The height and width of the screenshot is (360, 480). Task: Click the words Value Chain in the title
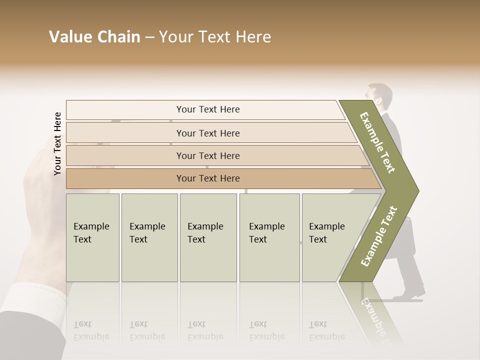pos(94,37)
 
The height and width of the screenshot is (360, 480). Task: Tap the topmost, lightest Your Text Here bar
pos(207,109)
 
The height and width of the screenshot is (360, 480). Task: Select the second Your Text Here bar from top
pos(207,133)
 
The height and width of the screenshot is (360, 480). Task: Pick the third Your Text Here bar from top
pos(207,155)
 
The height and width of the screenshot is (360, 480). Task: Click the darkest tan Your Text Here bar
pos(207,178)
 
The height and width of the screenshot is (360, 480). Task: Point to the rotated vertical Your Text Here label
pos(57,143)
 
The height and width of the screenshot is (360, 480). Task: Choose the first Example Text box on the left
pos(92,237)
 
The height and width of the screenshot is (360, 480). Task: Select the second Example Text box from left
pos(149,237)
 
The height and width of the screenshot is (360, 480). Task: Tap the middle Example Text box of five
pos(208,237)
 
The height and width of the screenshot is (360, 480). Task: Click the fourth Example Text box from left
pos(269,237)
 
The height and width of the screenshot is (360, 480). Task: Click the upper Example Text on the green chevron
pos(378,142)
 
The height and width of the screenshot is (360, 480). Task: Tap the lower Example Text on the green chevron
pos(379,236)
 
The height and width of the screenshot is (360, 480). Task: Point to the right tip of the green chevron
pos(417,190)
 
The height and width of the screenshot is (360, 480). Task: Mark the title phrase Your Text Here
pos(215,37)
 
